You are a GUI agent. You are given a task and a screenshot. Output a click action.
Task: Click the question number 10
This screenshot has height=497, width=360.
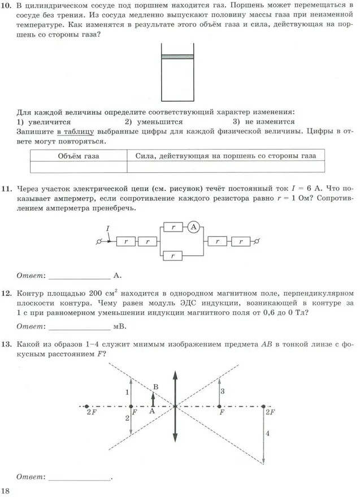point(8,5)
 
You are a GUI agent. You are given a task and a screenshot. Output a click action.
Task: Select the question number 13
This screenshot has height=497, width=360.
point(8,343)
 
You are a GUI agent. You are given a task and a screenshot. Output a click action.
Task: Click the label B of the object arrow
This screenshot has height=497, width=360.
point(155,386)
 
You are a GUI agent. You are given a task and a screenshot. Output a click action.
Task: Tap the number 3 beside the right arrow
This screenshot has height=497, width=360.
point(223,391)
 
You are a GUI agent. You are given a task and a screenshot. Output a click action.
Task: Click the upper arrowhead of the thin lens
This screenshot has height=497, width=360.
point(176,373)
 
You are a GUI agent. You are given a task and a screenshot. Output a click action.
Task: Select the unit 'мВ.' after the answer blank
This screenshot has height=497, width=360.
point(119,326)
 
